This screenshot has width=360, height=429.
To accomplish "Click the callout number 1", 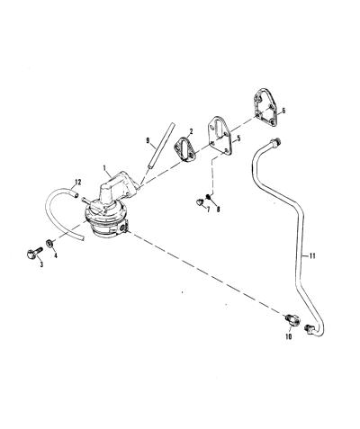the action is coord(104,168).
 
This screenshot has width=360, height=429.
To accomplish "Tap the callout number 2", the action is coord(191,131).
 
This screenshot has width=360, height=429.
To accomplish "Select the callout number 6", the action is coord(283,111).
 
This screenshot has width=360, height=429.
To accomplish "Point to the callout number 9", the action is coord(148,140).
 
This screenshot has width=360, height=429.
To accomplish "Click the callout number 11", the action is coord(312,256).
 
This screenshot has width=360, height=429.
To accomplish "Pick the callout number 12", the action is coord(78,182).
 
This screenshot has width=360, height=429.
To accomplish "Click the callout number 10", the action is coord(289,336).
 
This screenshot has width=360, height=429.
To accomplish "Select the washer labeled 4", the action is coord(50,244).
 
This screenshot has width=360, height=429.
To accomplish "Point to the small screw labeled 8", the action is coord(209,197).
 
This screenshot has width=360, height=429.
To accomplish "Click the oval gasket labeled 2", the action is coord(184,149).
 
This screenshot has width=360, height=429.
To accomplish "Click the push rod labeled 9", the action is coord(159,147).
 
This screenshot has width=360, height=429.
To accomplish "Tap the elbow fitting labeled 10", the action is coord(292,319).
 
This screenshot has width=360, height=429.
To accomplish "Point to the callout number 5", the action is coord(238,139).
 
